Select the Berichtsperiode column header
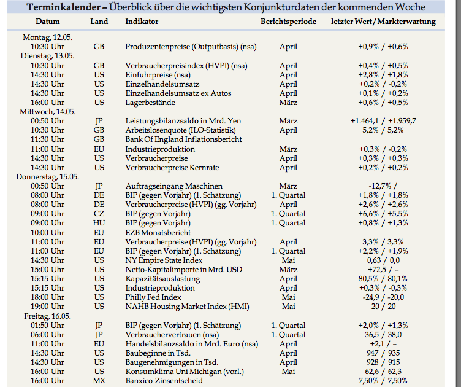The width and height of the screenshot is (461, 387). point(288,21)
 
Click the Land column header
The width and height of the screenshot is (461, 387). point(99,21)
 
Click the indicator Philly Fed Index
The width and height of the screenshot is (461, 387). point(153,297)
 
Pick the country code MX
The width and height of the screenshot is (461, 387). point(99,381)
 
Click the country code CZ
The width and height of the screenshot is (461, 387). point(99,214)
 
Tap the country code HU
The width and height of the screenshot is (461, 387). point(99,223)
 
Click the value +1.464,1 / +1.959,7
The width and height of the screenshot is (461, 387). point(383,121)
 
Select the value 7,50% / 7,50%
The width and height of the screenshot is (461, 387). point(383,381)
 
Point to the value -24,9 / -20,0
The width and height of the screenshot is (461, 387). point(383,297)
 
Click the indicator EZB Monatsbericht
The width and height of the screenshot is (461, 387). point(158,233)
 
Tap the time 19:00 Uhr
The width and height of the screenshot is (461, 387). point(47,307)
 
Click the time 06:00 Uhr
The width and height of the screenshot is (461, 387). point(47,335)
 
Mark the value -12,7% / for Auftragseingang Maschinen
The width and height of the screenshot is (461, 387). point(383,186)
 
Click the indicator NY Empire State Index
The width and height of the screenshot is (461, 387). point(164,260)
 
